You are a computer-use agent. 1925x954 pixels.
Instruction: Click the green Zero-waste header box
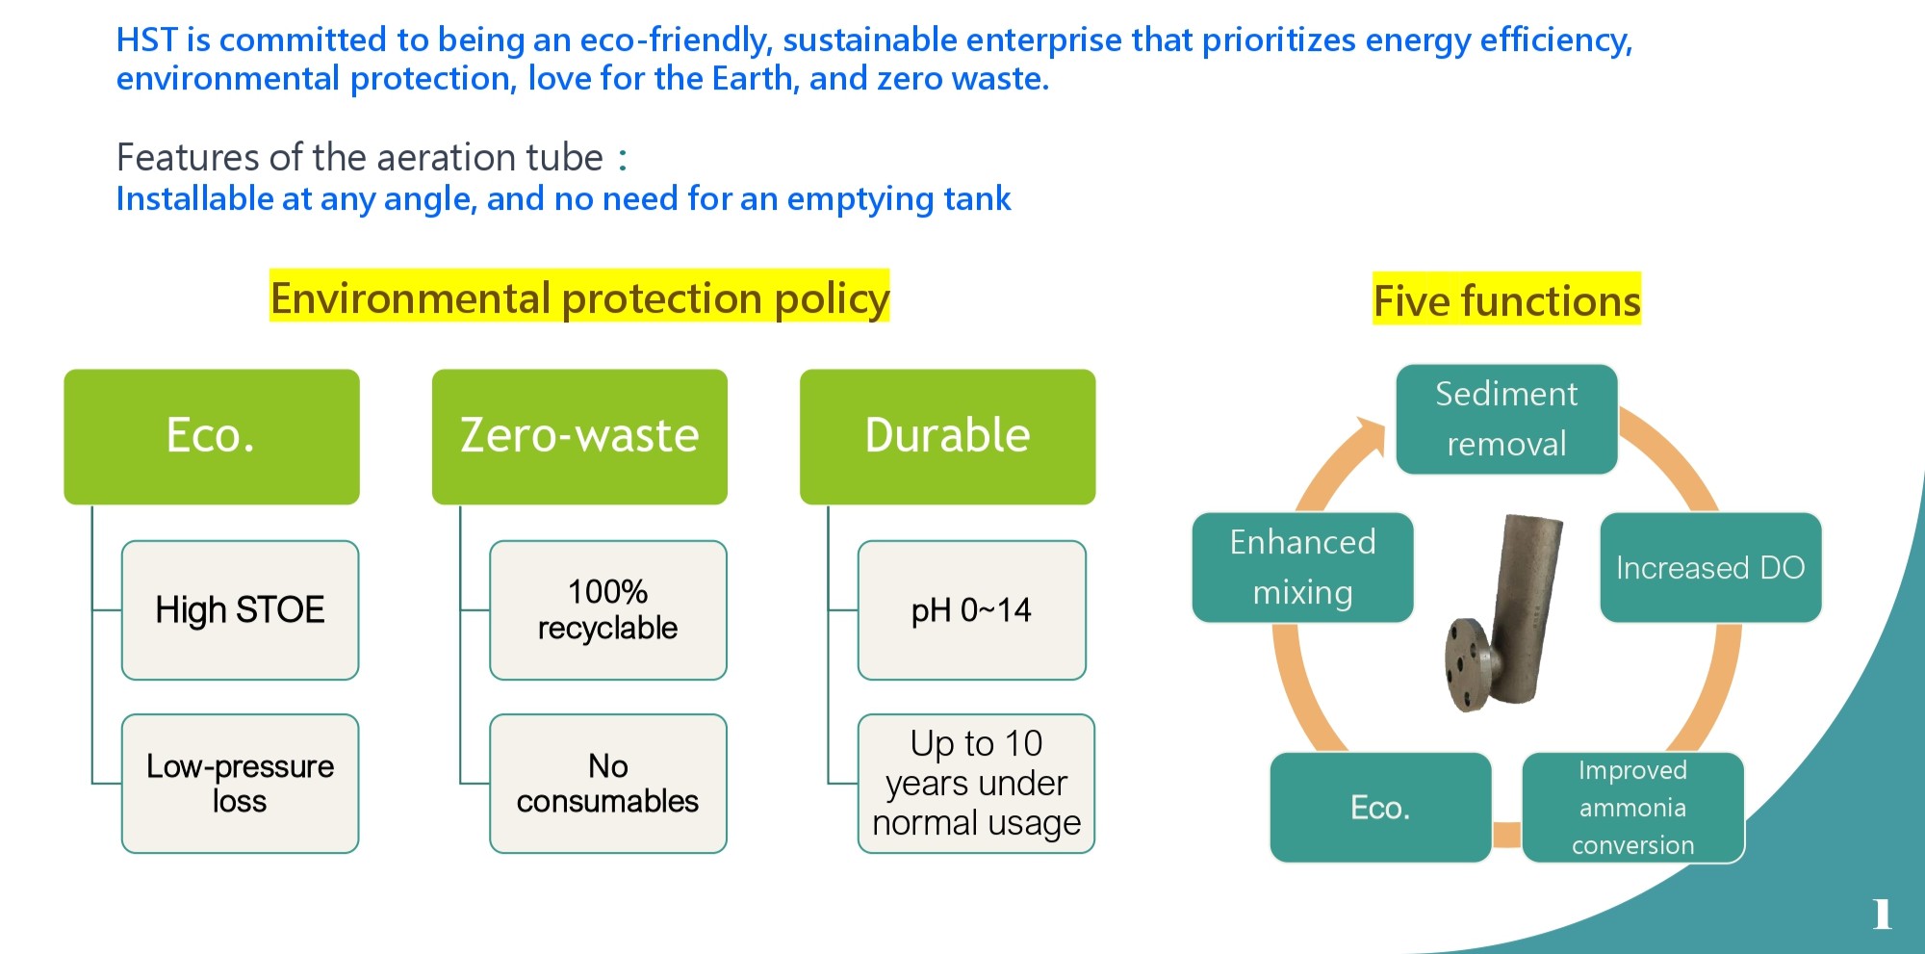coord(579,436)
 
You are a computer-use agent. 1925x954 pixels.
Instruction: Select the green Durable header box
coord(947,436)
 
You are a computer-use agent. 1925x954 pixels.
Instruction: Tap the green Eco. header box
coord(212,436)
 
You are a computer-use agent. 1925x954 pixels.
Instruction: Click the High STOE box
coord(240,610)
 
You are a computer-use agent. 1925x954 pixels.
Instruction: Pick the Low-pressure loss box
coord(240,784)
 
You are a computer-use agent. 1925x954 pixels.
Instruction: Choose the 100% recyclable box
coord(607,610)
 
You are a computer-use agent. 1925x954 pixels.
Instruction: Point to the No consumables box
coord(607,784)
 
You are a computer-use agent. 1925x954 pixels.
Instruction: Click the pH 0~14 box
coord(971,610)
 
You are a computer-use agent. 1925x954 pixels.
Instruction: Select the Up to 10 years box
coord(976,784)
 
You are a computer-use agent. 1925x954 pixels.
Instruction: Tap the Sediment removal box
coord(1506,419)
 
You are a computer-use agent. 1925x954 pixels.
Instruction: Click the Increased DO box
coord(1710,568)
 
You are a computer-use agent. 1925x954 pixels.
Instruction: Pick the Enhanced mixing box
coord(1302,568)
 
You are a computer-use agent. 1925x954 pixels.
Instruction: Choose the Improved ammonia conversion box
coord(1632,808)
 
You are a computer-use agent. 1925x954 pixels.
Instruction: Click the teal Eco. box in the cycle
coord(1380,808)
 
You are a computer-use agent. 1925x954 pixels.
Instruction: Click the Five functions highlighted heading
coord(1506,300)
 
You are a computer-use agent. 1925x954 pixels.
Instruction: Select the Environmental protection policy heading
coord(579,297)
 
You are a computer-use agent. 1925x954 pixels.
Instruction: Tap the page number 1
coord(1882,914)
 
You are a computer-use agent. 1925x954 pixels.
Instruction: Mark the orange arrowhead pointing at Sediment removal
coord(1371,434)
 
